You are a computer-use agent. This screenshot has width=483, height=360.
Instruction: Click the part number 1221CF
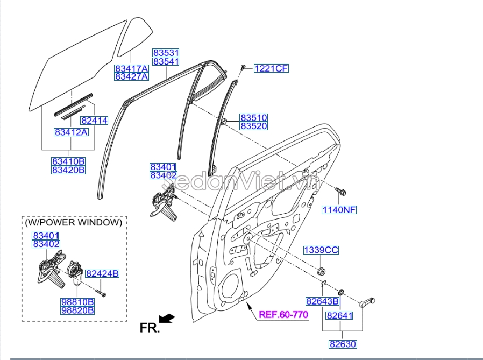(x=271, y=68)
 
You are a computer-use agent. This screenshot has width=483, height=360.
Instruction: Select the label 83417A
(x=131, y=68)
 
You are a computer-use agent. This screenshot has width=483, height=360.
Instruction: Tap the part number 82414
(x=94, y=121)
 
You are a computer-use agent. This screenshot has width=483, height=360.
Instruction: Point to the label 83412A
(x=70, y=132)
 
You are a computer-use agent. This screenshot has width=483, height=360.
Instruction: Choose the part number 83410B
(x=68, y=161)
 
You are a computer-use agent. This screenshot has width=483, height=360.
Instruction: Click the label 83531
(x=166, y=53)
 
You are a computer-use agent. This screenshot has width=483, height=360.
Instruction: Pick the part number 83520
(x=253, y=126)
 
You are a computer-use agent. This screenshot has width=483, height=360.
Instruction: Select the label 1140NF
(x=339, y=209)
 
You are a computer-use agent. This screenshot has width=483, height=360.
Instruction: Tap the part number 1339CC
(x=321, y=250)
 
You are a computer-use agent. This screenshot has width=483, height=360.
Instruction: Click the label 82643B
(x=322, y=301)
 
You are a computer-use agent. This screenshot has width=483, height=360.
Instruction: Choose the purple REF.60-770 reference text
(x=283, y=314)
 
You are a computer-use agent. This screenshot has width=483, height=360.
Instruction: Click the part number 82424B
(x=102, y=273)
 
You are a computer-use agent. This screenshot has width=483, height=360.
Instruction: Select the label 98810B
(x=77, y=301)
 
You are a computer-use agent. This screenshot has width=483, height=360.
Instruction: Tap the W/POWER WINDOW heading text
(x=74, y=222)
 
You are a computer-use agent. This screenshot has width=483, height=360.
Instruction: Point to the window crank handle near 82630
(x=367, y=301)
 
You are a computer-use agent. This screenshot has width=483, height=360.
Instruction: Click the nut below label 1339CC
(x=321, y=270)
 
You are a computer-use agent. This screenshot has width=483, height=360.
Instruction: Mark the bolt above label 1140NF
(x=340, y=192)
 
